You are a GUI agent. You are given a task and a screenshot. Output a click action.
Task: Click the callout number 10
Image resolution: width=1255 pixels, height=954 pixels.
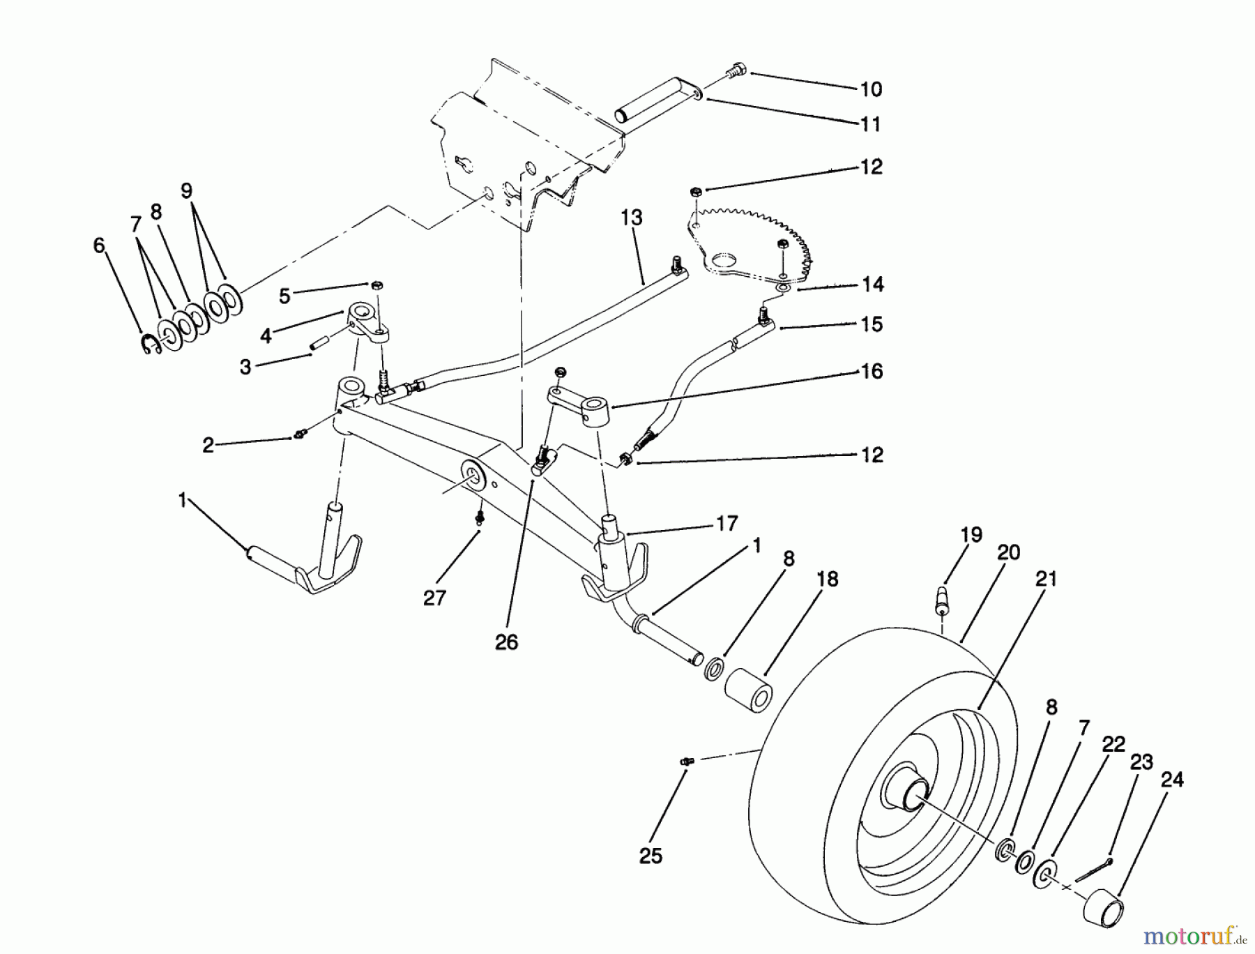click(x=871, y=90)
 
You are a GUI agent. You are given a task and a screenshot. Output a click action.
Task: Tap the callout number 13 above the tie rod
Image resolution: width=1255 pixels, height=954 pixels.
click(x=631, y=218)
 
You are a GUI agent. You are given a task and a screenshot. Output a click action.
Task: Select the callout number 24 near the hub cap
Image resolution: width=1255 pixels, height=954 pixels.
click(x=1172, y=780)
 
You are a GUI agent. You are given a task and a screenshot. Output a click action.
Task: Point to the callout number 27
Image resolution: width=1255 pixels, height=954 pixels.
click(x=434, y=598)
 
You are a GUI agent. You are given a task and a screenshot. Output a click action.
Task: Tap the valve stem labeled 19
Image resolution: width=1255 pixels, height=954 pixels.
click(x=942, y=598)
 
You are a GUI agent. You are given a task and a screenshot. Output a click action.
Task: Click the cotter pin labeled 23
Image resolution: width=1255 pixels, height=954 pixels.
click(x=1093, y=870)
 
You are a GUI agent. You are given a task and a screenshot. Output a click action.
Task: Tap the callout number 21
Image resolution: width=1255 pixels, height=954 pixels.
click(x=1047, y=579)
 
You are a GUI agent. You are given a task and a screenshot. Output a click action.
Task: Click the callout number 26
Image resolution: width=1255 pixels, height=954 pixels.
click(x=507, y=642)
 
